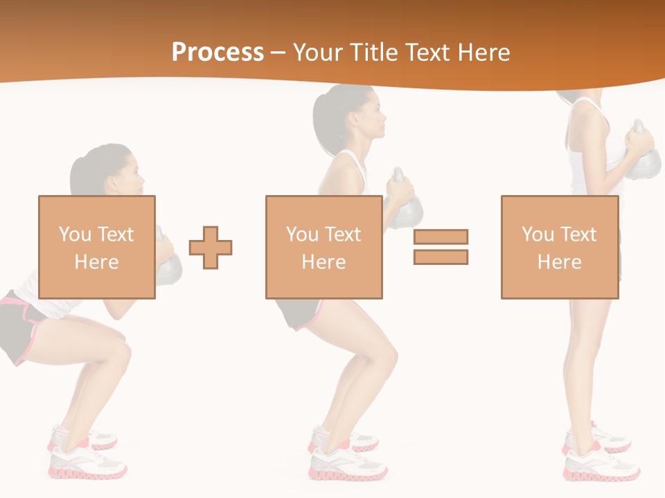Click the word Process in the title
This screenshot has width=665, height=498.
(x=218, y=53)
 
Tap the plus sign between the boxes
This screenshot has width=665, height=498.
(x=211, y=247)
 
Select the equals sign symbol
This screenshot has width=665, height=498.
(x=441, y=247)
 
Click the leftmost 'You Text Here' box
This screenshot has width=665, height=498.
(x=96, y=247)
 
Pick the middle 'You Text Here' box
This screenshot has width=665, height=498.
(x=323, y=247)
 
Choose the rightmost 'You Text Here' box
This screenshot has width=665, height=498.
(x=559, y=247)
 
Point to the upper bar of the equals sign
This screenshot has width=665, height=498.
(x=441, y=237)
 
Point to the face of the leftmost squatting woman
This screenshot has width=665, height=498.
(x=133, y=176)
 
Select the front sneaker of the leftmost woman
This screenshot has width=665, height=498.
(x=89, y=463)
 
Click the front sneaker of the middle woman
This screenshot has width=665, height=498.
(x=348, y=464)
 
